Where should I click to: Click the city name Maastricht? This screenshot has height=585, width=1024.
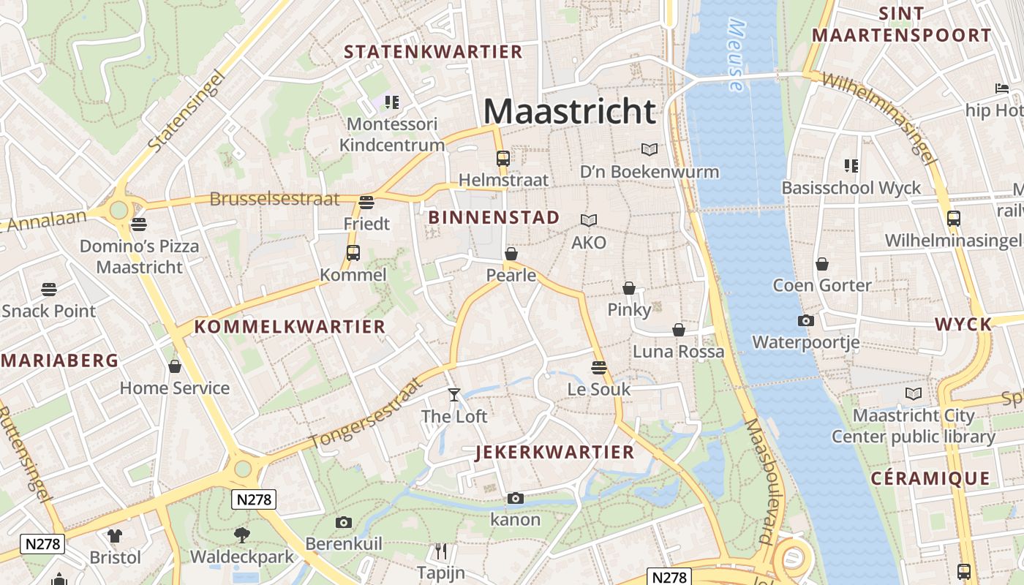coord(570,112)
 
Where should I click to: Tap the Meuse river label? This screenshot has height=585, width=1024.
coord(737,55)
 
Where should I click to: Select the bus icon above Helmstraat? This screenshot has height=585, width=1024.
coord(502,158)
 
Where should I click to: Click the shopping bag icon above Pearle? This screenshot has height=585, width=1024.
coord(511,254)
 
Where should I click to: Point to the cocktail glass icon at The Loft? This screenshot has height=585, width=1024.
coord(454,395)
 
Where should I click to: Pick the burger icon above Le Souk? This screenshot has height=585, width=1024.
coord(599,367)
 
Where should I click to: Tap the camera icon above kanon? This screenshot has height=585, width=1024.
coord(516,499)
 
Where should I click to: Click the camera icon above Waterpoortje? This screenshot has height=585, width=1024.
coord(805,320)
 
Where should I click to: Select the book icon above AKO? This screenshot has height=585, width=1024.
coord(589,220)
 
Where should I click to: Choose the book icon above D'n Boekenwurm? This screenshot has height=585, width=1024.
coord(649,150)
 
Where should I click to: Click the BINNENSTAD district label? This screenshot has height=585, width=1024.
coord(494,217)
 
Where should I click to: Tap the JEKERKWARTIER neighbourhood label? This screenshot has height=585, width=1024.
coord(554,452)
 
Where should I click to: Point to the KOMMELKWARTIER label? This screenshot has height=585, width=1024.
coord(290,327)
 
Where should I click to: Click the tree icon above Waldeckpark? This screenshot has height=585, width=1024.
coord(241,535)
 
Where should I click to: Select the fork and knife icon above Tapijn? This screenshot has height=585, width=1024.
coord(440,551)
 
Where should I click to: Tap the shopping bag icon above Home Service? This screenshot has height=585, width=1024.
coord(175,366)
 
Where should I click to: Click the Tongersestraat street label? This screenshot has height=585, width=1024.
coord(366,415)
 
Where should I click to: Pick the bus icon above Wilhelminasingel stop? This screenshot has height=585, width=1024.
coord(953,218)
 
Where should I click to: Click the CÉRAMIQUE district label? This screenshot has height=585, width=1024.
coord(930,479)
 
